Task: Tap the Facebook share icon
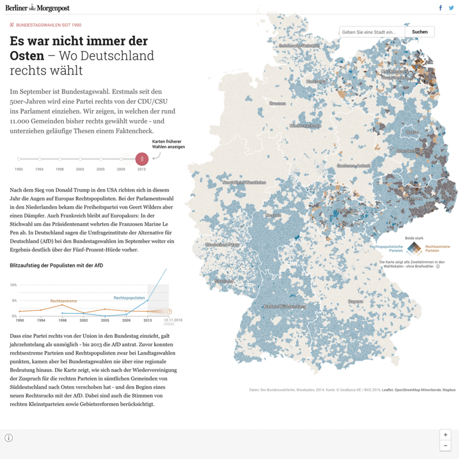coord(441,7)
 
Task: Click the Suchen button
coord(419,32)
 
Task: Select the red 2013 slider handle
coord(142,159)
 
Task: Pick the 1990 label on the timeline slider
coord(19,169)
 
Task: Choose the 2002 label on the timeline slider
coord(80,169)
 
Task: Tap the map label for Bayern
coord(356,301)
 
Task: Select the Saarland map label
coord(224,282)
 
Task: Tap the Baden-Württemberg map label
coord(285,306)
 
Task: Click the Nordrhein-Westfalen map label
coord(244,182)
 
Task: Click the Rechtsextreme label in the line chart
coord(64,301)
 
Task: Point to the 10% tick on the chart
coord(14,285)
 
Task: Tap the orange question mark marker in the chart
coord(169,312)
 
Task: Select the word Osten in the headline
coord(27,56)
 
